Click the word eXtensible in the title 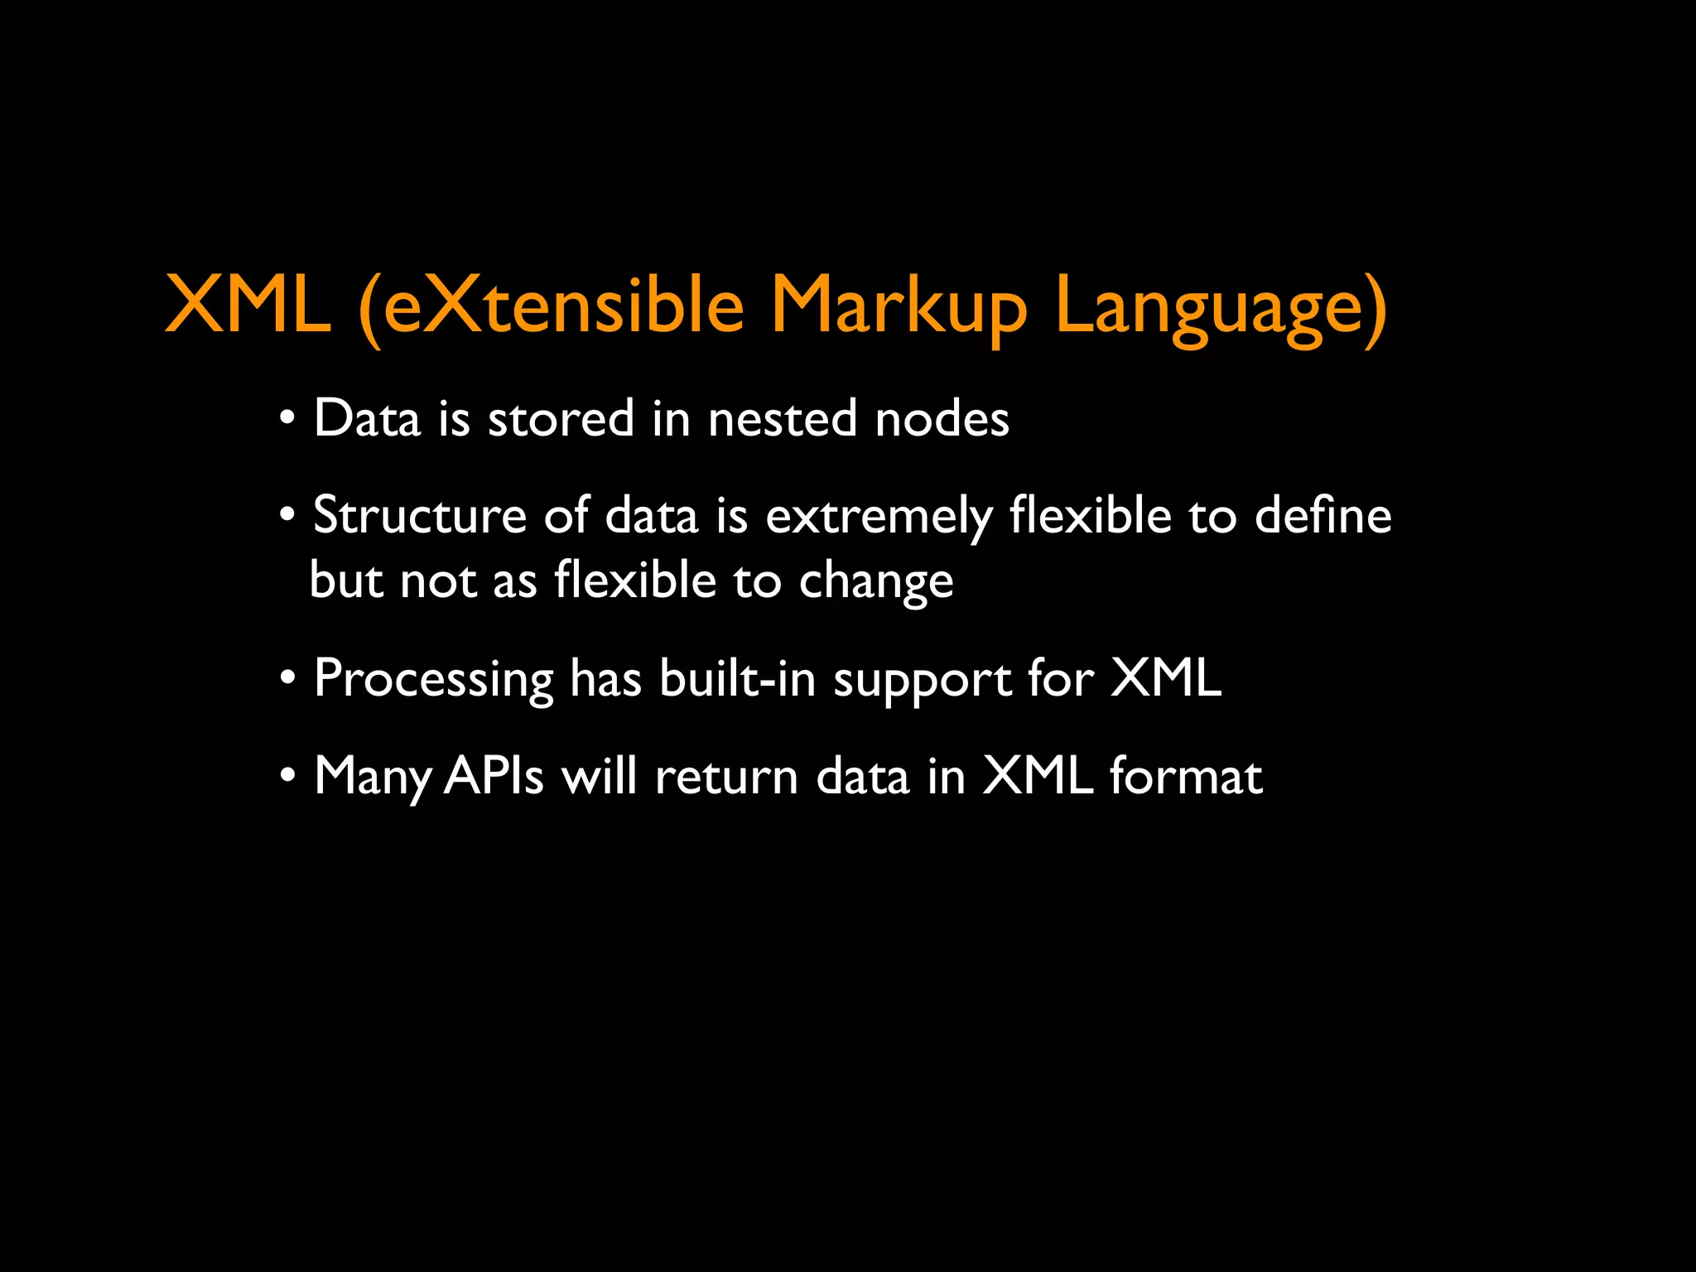pos(563,306)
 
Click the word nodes pos(942,418)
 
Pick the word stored pos(561,418)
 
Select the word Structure pos(420,515)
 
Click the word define pos(1323,515)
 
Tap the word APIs pos(494,777)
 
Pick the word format pos(1186,777)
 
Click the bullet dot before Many pos(287,777)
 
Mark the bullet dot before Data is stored pos(287,418)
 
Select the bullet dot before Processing pos(287,679)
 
